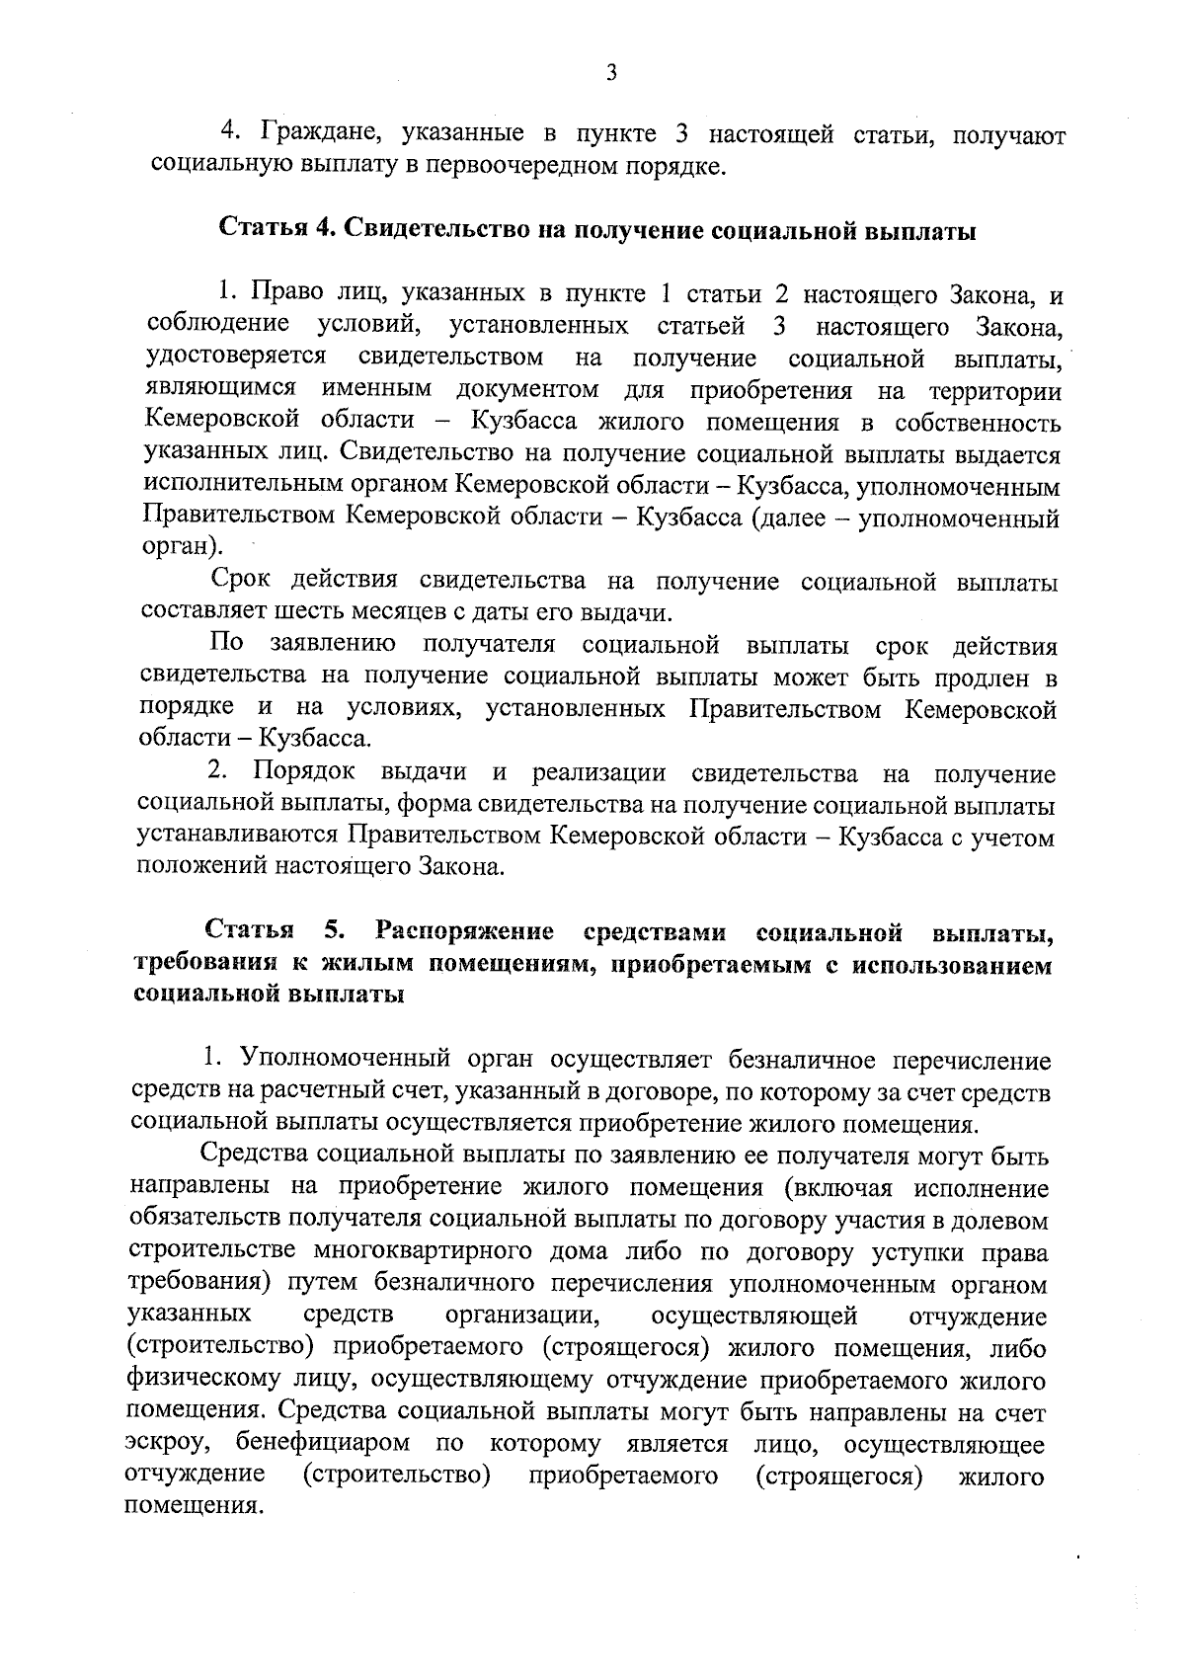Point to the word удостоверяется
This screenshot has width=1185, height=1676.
pyautogui.click(x=236, y=357)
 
